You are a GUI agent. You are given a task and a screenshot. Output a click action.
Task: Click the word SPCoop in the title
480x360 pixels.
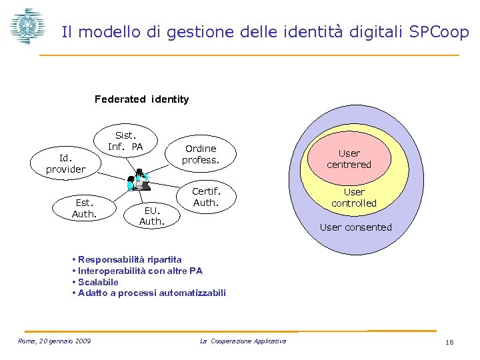coord(439,31)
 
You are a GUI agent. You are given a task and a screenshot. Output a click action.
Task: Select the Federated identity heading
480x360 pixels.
coord(141,99)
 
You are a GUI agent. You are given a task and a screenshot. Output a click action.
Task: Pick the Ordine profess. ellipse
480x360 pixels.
coord(201,154)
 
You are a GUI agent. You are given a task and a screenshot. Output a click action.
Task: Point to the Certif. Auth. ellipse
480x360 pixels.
coord(205,197)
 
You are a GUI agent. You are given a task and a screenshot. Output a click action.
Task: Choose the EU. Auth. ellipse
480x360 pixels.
coord(151,215)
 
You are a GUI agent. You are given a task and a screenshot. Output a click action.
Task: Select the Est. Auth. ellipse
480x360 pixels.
coord(85,207)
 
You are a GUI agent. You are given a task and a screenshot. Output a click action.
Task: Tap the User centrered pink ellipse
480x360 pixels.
coord(349,159)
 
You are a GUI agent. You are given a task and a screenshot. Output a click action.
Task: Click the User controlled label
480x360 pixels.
coord(354,197)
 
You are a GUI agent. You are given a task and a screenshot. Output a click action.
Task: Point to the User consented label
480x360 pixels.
coord(356,227)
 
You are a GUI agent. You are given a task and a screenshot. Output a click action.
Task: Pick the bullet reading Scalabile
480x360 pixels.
coord(97,282)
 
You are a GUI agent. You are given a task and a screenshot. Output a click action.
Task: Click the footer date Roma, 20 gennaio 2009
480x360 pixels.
coord(55,341)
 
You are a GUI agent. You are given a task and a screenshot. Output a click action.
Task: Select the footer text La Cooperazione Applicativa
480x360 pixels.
coord(243,341)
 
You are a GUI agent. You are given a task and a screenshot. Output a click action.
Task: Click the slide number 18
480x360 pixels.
coord(449,342)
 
